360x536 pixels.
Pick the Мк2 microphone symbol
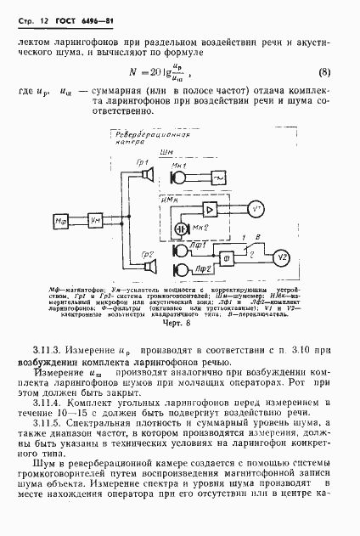(x=182, y=229)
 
